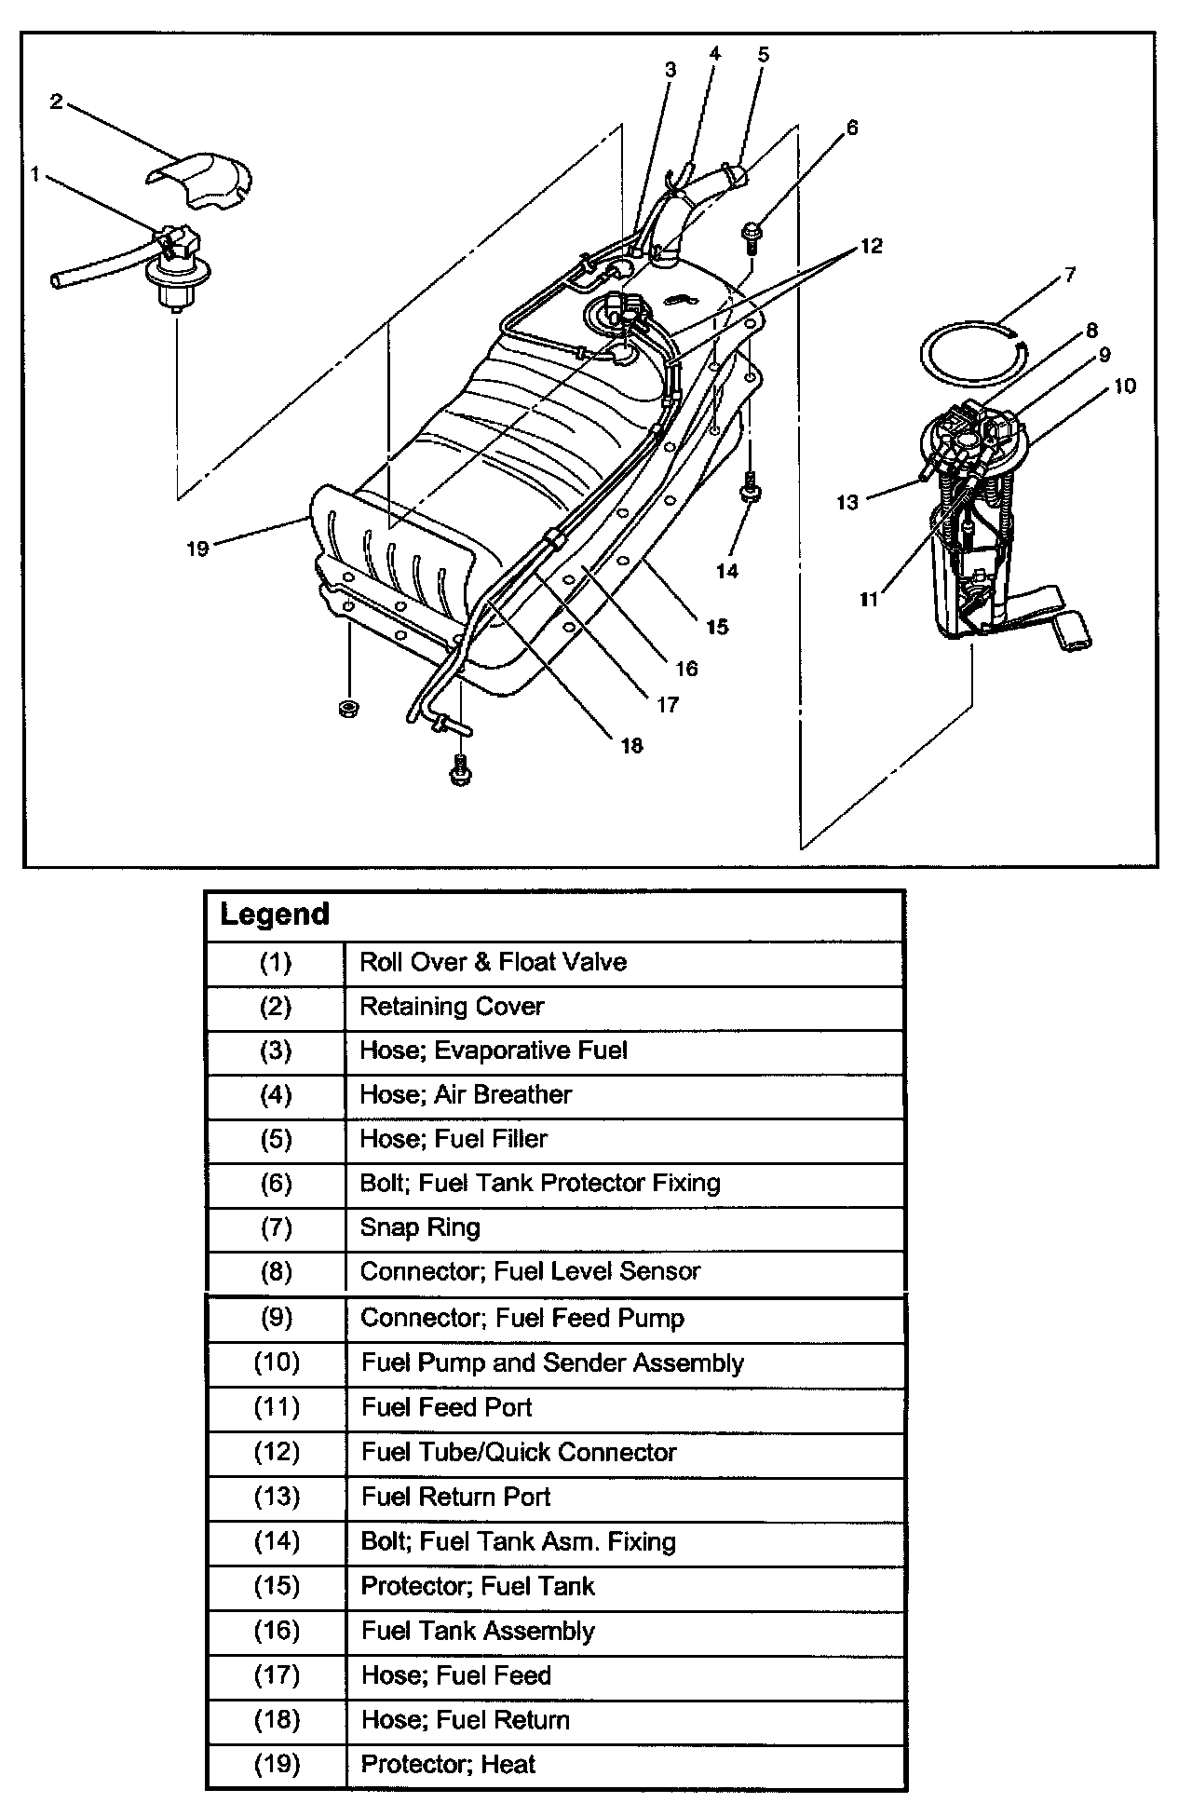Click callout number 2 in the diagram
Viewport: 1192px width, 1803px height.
(57, 102)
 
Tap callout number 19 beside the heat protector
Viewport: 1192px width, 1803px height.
(197, 549)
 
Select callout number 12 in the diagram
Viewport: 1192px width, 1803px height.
(871, 246)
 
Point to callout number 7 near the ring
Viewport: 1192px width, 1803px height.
(1070, 274)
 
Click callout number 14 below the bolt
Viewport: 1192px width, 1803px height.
(727, 570)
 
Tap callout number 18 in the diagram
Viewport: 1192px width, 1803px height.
(631, 745)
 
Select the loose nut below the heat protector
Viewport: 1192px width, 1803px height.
(351, 709)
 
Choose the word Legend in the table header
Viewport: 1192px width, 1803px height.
(275, 915)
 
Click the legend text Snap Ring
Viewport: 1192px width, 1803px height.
(420, 1227)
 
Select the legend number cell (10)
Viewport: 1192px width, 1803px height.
(277, 1362)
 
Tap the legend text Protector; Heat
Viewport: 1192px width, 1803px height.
(448, 1764)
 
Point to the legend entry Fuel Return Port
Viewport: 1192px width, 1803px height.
(455, 1497)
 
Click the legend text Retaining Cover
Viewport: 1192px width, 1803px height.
(452, 1006)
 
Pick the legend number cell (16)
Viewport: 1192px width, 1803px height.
(277, 1631)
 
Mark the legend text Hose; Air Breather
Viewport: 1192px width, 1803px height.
(466, 1094)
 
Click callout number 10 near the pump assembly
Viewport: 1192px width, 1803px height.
(1124, 386)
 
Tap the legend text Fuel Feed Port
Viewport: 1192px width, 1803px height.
(446, 1407)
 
